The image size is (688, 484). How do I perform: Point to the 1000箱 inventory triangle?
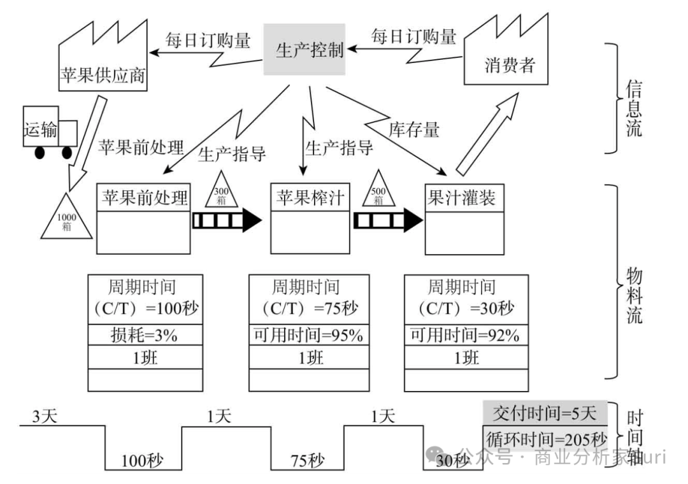(x=68, y=217)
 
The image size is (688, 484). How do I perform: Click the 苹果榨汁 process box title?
(x=309, y=197)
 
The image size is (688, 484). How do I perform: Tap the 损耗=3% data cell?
(x=145, y=335)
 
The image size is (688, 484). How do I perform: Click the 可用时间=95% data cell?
(x=309, y=335)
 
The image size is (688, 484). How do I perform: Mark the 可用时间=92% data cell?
(x=466, y=335)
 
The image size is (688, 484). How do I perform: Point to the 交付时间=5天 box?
(x=545, y=414)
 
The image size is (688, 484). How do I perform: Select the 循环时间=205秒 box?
(x=545, y=439)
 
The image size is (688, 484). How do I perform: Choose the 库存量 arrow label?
(x=414, y=130)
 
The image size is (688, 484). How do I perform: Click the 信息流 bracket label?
(x=633, y=108)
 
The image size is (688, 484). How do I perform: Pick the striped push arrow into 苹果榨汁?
(x=227, y=220)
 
